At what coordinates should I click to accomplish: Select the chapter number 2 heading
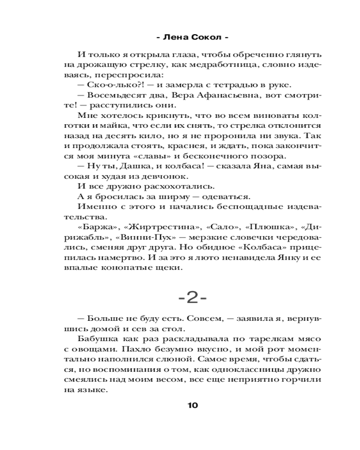point(192,297)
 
